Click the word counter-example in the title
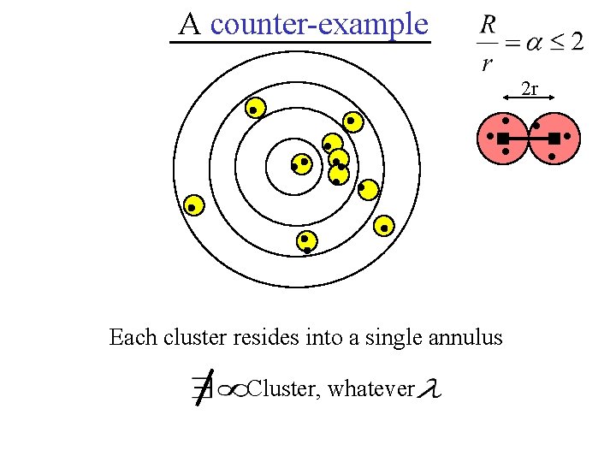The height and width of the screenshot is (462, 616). pos(318,24)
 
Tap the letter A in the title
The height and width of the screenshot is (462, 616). pos(189,24)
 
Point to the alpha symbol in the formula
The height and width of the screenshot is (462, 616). pos(533,43)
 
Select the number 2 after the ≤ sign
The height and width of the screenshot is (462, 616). pos(577,42)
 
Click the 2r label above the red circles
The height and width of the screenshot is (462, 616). pos(530,88)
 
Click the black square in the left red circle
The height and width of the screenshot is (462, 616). pos(503,138)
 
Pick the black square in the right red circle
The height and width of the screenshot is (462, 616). pos(554,138)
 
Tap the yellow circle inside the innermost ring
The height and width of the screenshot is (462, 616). pos(300,163)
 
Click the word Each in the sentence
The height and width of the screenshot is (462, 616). pos(133,337)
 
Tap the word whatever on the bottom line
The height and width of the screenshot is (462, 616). pos(371,389)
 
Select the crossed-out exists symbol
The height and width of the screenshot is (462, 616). pos(202,390)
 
